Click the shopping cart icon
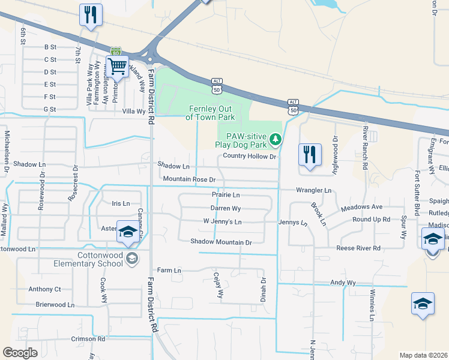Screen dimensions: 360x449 (x=117, y=66)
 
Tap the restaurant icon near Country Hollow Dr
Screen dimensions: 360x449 (x=310, y=155)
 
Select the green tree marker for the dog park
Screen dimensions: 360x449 (x=276, y=140)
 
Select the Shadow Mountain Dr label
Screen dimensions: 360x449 (x=221, y=242)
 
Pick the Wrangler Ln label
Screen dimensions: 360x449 (x=313, y=190)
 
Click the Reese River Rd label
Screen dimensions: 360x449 (x=358, y=248)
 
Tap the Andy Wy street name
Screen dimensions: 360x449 (x=343, y=282)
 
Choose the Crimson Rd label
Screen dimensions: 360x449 (x=88, y=338)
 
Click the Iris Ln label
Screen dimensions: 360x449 (x=121, y=203)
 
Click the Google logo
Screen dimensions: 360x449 (x=20, y=352)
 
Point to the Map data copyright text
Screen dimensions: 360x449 (x=423, y=355)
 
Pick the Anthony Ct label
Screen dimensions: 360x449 (x=44, y=289)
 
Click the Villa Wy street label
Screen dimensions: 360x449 (x=133, y=111)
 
